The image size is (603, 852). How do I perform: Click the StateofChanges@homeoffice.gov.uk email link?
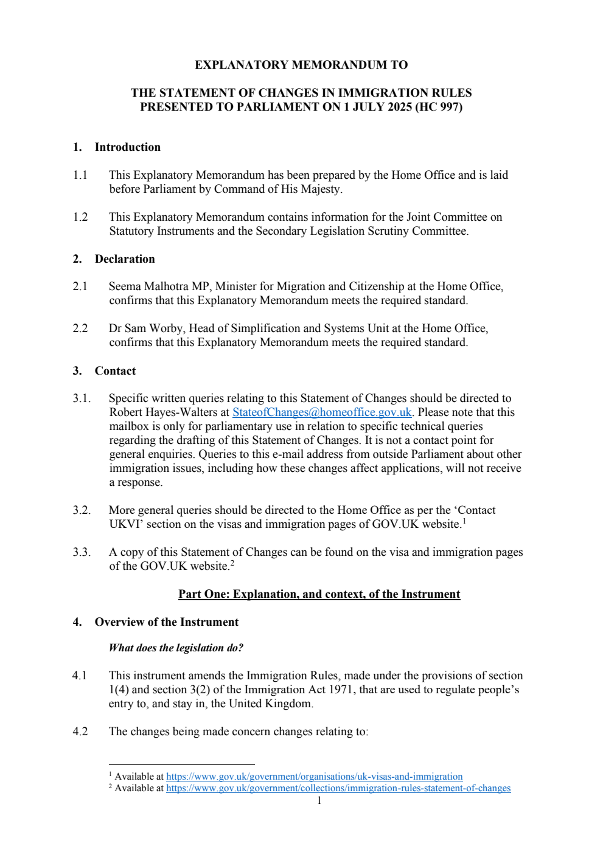[322, 412]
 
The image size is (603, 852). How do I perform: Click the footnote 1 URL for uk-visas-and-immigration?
[314, 777]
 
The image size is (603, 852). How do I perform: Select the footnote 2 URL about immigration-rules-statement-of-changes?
[338, 788]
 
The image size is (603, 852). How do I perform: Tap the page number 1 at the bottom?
[319, 800]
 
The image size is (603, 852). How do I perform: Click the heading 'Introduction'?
[127, 147]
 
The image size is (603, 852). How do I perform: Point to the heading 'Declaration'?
[125, 259]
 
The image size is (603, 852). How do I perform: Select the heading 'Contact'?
[115, 371]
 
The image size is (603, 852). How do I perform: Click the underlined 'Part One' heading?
[319, 594]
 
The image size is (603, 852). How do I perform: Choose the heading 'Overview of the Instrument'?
[166, 622]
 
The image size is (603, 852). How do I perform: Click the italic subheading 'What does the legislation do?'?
[176, 648]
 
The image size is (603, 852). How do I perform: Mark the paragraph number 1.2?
[80, 217]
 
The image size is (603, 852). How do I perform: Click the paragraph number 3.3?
[82, 552]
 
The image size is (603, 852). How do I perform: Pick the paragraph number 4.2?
[80, 732]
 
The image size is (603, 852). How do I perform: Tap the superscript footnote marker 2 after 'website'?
[232, 563]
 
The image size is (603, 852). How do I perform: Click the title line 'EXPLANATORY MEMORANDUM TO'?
[301, 65]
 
